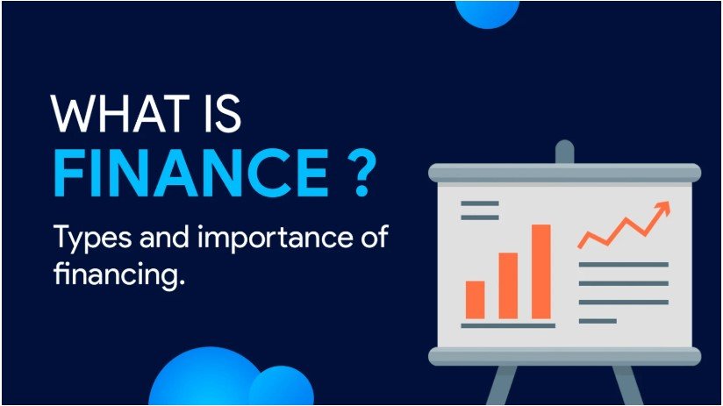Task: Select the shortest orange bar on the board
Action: point(475,299)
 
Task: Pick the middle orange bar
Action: point(508,285)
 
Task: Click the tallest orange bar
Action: point(540,271)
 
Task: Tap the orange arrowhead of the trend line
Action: point(662,209)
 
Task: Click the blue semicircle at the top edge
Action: point(487,11)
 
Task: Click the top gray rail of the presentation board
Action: point(564,172)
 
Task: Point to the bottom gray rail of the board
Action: point(564,355)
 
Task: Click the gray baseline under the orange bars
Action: point(508,325)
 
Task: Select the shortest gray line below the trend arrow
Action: point(598,321)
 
